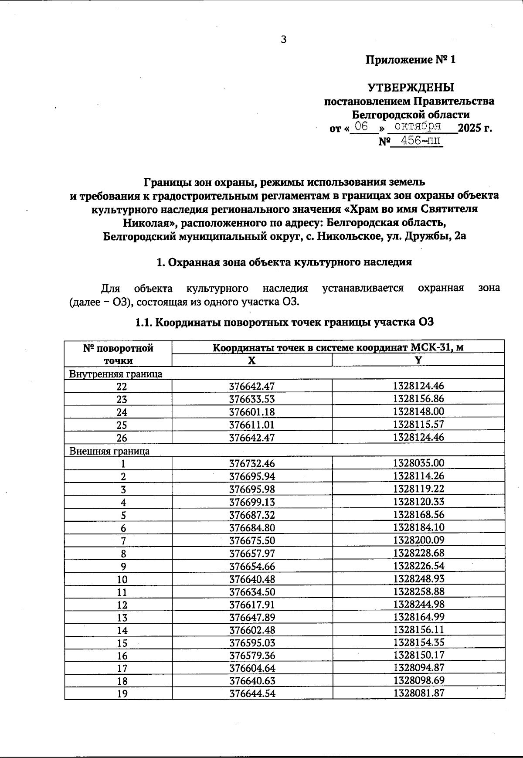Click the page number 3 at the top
[x=284, y=40]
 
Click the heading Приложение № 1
[x=411, y=60]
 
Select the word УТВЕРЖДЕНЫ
[x=411, y=88]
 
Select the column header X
[x=251, y=360]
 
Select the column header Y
[x=418, y=360]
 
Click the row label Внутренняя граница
[x=116, y=374]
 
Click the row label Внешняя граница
[x=109, y=451]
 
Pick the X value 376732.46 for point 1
[x=252, y=464]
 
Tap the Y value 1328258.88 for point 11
[x=418, y=592]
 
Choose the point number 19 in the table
[x=122, y=693]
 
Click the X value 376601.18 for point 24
[x=252, y=412]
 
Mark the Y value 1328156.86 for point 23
[x=418, y=399]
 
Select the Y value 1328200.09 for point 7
[x=418, y=540]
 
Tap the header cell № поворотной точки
[x=118, y=354]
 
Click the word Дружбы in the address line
[x=429, y=237]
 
